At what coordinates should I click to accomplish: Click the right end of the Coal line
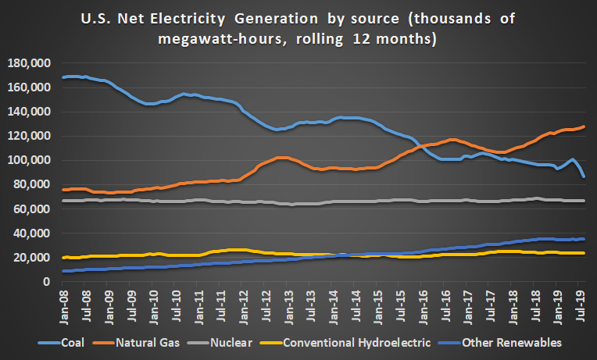(584, 176)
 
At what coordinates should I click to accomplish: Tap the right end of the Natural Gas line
(584, 127)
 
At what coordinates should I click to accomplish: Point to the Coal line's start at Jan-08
(64, 77)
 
